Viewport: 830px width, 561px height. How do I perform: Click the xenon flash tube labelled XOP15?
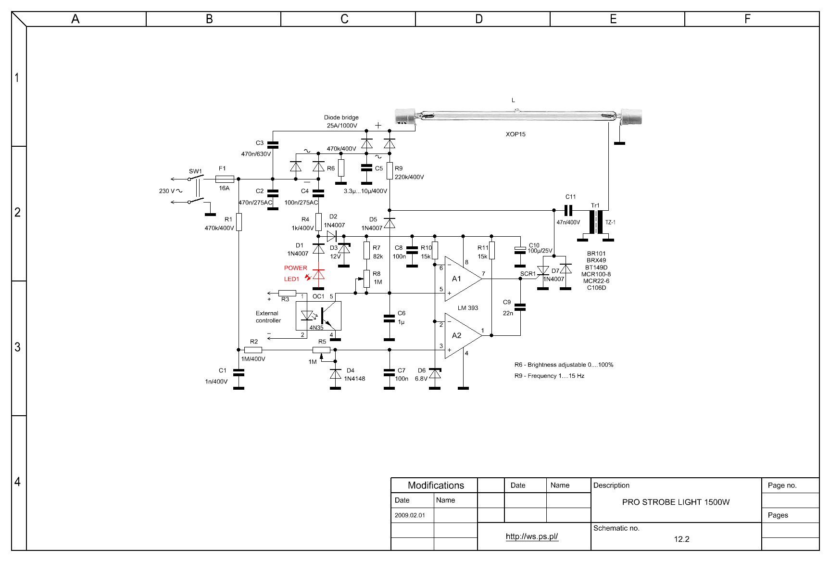tap(518, 116)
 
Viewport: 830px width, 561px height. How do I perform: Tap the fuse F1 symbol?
tap(225, 179)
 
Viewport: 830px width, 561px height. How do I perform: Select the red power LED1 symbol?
tap(318, 274)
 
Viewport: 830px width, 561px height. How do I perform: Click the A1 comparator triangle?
tap(463, 279)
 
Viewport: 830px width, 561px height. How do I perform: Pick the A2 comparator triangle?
tap(463, 335)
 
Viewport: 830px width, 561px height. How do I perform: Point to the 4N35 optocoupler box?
tap(318, 316)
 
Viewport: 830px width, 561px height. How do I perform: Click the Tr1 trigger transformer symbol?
tap(596, 222)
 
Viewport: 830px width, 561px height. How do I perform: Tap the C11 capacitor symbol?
tap(568, 210)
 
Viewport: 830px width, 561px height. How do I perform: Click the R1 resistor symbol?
tap(239, 222)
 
